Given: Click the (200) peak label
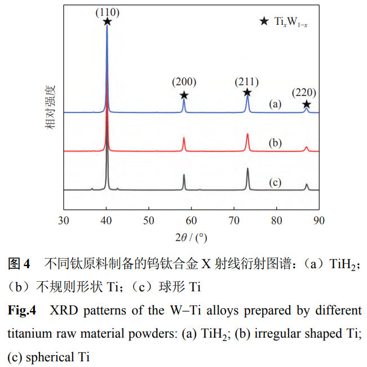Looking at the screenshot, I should click(184, 82).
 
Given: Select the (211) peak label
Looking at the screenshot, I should click(246, 82).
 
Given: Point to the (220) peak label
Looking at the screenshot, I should click(304, 93).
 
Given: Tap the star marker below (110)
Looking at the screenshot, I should click(107, 21).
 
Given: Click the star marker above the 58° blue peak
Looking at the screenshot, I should click(184, 95).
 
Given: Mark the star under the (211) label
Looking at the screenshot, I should click(247, 93).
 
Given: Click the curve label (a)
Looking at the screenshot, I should click(275, 104).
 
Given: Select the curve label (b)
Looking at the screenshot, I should click(275, 143).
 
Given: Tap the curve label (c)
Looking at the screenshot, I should click(275, 182).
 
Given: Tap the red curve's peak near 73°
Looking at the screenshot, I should click(247, 134).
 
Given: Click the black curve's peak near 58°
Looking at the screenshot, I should click(184, 175).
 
